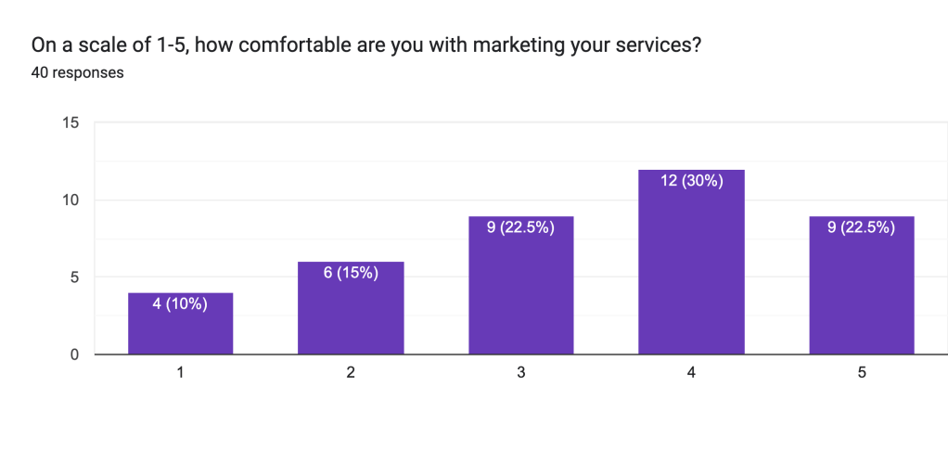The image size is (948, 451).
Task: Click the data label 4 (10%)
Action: click(180, 303)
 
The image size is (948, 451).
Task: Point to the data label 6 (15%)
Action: click(351, 273)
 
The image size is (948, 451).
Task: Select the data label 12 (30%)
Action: click(691, 181)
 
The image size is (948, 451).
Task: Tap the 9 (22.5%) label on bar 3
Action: click(521, 227)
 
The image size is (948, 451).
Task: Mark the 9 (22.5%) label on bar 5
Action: click(862, 227)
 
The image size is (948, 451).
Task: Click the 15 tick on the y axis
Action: click(70, 122)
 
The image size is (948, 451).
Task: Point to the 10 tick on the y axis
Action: click(70, 200)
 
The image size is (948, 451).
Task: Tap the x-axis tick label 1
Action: click(180, 372)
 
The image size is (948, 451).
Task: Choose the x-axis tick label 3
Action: click(521, 372)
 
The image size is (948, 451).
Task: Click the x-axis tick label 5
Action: click(862, 372)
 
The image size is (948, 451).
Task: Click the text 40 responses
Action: click(78, 71)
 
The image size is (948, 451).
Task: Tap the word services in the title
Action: click(655, 45)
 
